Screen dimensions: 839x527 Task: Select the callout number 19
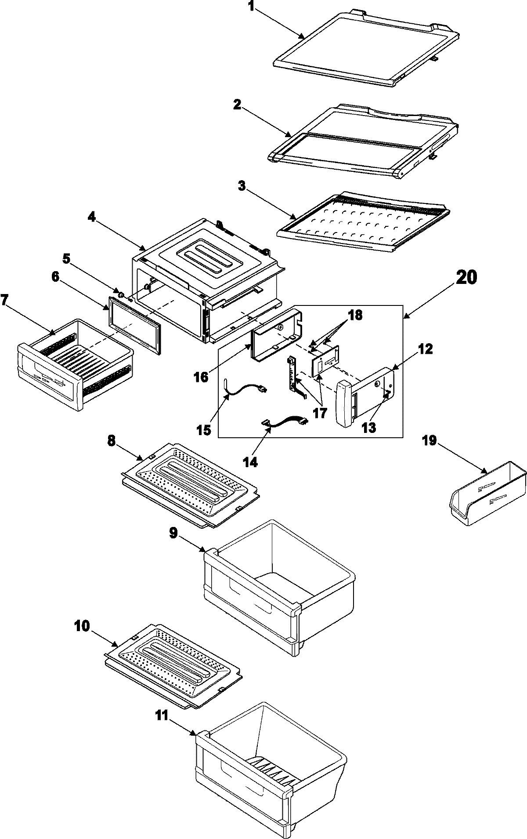click(430, 440)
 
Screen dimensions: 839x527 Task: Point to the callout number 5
click(66, 259)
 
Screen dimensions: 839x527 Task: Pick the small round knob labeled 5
click(120, 293)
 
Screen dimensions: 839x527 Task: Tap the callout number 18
click(355, 316)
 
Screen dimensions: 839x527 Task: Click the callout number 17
click(320, 414)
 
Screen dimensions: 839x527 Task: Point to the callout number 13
click(369, 428)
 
